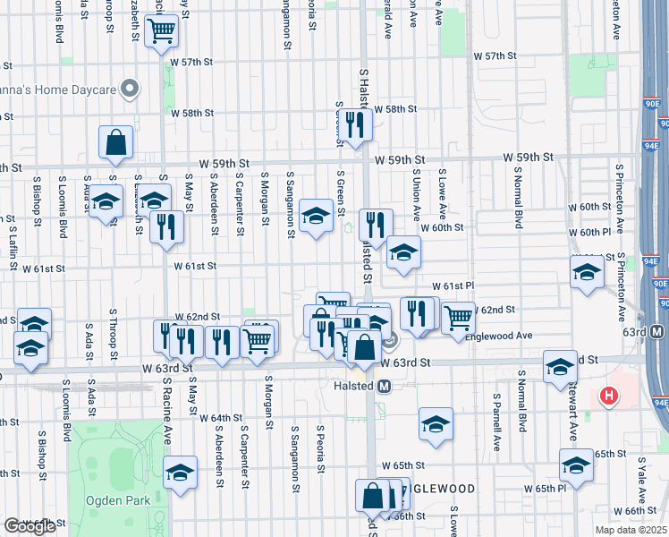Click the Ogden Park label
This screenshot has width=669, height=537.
117,500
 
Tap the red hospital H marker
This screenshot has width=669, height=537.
609,395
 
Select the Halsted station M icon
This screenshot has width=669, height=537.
385,387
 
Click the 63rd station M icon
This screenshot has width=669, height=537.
657,332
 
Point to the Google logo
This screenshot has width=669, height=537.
30,525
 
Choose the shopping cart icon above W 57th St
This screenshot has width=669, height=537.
162,31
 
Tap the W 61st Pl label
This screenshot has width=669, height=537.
452,286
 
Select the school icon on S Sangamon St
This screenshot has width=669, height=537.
315,215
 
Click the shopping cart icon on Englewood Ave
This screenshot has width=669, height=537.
458,316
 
